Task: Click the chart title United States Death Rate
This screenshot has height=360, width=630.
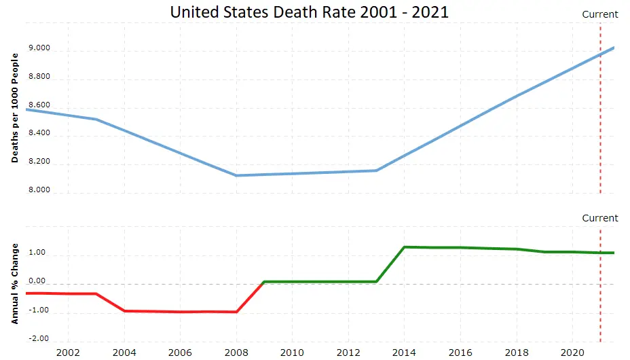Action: pos(309,12)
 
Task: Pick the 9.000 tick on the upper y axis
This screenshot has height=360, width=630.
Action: pos(39,48)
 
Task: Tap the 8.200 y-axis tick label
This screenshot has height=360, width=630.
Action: pos(39,162)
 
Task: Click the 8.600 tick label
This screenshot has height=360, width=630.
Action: pos(39,105)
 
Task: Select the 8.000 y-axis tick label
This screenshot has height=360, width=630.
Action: pos(39,190)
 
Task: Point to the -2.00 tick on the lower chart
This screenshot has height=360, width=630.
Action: pos(39,338)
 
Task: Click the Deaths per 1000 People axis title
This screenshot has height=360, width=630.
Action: pos(15,107)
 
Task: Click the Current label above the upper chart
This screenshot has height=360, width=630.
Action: pos(600,14)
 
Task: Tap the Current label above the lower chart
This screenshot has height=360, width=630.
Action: pos(600,218)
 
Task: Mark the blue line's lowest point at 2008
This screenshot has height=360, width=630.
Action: pos(236,175)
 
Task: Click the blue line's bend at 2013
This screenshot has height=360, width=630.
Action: pos(376,170)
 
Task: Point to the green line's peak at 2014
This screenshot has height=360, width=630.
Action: pos(405,247)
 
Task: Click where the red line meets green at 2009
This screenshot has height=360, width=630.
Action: pos(264,281)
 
